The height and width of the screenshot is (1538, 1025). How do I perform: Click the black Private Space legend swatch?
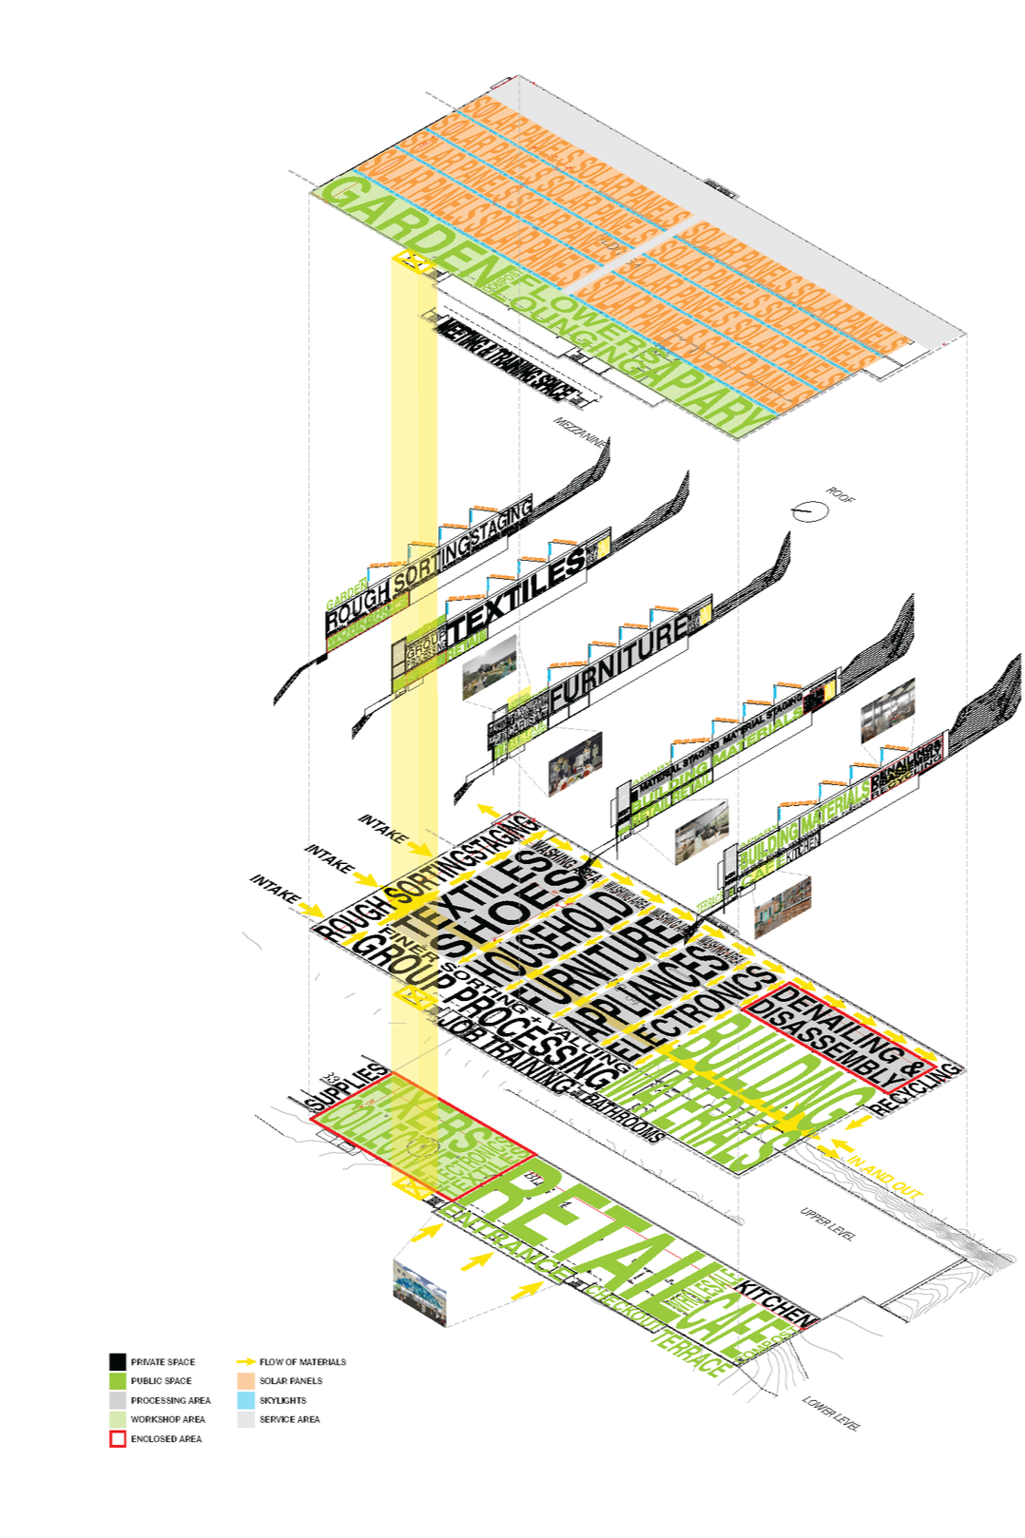coord(117,1361)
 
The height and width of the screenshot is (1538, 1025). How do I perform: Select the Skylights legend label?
coord(282,1400)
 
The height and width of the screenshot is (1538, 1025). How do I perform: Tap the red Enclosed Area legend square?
coord(117,1439)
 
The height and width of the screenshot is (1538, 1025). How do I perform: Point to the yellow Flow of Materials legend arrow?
coord(246,1361)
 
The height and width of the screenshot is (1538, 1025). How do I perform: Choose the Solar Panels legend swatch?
coord(246,1380)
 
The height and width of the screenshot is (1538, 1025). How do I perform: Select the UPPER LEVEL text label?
coord(828,1223)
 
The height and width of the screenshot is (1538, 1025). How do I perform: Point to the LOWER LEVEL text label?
coord(831,1413)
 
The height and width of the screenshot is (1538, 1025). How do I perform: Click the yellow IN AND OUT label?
coord(885,1175)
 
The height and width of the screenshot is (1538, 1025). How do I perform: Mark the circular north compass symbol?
coord(809,511)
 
